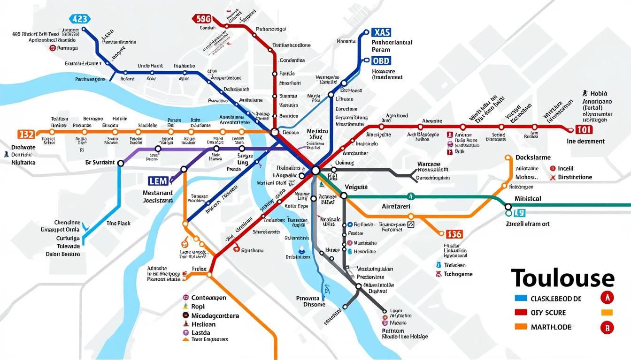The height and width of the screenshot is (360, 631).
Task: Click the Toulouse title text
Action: [562, 278]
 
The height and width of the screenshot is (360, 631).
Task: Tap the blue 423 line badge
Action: [79, 19]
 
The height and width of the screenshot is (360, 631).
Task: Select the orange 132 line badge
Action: [26, 134]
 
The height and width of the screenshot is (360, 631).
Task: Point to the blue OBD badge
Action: [380, 61]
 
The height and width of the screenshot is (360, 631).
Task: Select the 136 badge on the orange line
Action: [454, 234]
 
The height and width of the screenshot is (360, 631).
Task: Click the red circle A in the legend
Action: [607, 297]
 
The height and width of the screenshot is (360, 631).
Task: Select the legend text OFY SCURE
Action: [548, 313]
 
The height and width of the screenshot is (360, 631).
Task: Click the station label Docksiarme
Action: [533, 157]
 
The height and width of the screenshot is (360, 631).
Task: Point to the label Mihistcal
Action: [528, 199]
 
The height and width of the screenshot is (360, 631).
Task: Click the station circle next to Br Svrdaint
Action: [120, 163]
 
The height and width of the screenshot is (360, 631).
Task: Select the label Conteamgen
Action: [208, 298]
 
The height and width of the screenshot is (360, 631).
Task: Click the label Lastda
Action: [201, 333]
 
